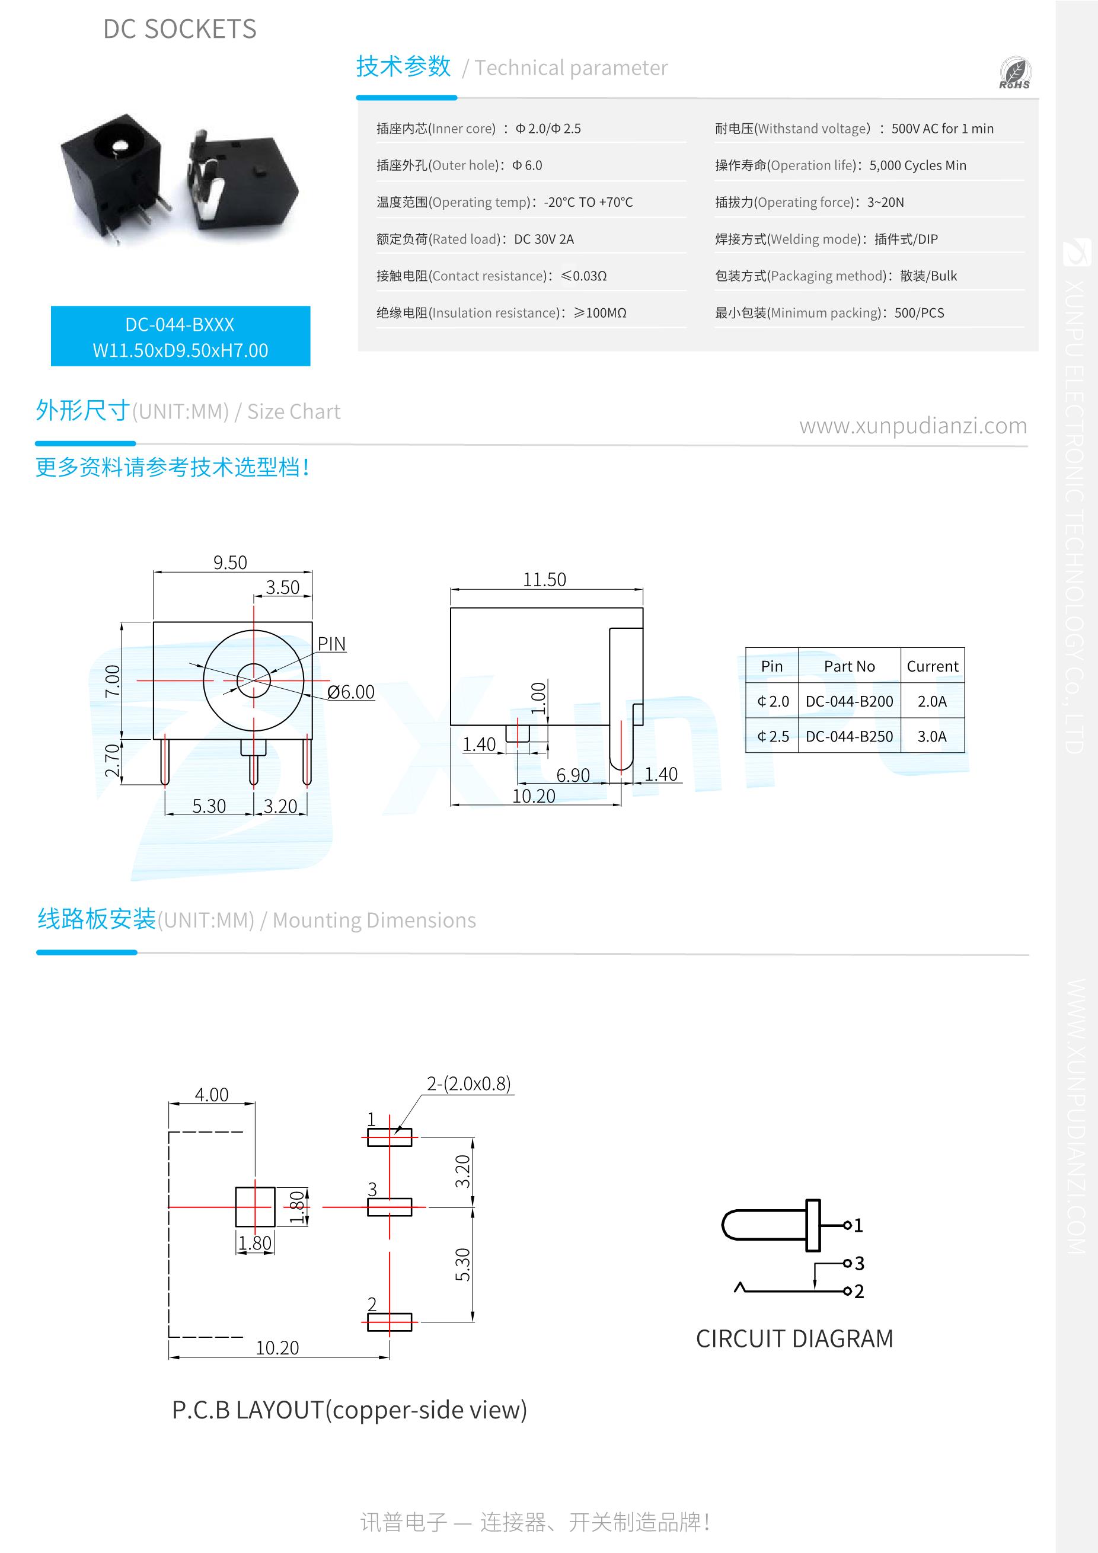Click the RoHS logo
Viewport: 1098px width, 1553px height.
coord(1014,74)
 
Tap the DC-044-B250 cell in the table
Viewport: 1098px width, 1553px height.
coord(848,737)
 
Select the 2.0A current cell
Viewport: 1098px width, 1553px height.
coord(931,701)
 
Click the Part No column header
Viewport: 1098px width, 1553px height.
coord(848,666)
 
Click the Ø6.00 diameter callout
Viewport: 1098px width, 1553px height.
coord(350,692)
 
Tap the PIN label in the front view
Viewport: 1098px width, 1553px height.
coord(331,644)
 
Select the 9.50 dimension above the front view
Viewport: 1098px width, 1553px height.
coord(230,563)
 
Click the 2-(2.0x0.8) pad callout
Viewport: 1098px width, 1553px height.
coord(468,1084)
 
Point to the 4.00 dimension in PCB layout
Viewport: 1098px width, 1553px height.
coord(211,1094)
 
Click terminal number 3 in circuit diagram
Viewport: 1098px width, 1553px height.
coord(859,1263)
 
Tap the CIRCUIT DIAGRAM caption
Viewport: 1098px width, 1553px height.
coord(794,1338)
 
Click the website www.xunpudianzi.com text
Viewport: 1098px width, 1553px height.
coord(912,426)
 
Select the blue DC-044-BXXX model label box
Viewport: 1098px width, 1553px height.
coord(180,337)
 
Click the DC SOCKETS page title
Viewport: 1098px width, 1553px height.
coord(180,29)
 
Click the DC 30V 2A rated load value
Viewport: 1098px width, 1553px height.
coord(544,239)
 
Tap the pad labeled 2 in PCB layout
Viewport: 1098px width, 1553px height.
coord(389,1322)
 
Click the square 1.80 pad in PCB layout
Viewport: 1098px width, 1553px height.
coord(254,1207)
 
